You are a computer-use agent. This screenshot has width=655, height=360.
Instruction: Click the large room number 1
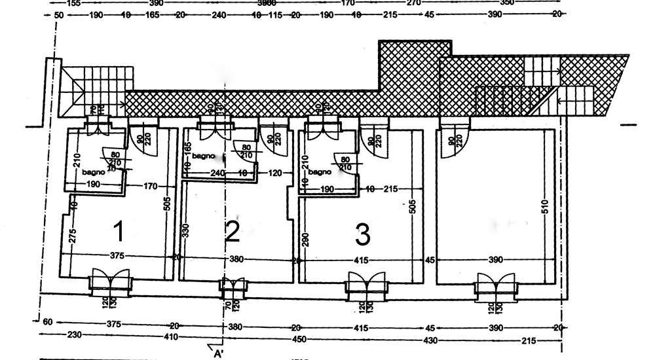click(x=119, y=231)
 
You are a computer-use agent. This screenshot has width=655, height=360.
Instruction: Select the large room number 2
click(x=233, y=232)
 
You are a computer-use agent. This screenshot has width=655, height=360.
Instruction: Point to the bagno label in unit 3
click(x=320, y=173)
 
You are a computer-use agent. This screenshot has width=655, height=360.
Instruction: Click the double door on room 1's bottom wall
click(x=111, y=279)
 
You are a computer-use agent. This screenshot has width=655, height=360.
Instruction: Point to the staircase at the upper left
click(x=98, y=88)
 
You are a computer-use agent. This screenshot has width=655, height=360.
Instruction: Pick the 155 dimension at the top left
click(x=73, y=3)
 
